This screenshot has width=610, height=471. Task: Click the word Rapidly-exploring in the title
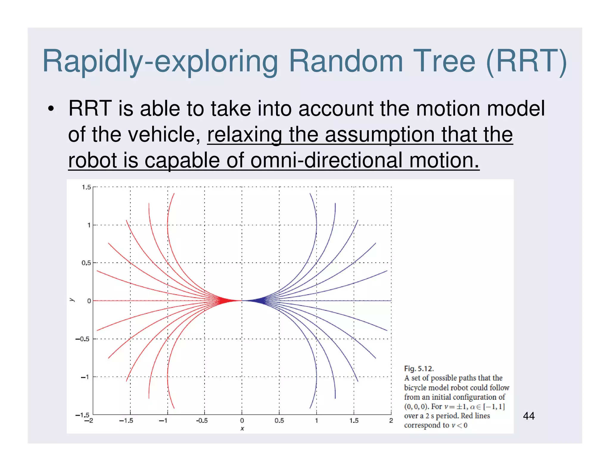coord(160,62)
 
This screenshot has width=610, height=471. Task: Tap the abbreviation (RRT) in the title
coord(526,62)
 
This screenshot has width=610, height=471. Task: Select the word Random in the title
coord(346,61)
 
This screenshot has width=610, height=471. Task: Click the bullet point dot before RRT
coord(51,109)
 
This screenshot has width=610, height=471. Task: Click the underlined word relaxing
coord(244,135)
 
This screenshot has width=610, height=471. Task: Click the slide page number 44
coord(529,416)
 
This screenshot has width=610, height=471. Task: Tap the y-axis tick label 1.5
coord(86,187)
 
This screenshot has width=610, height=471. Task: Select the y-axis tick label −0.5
coord(82,339)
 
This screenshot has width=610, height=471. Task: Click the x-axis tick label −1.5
coord(126,421)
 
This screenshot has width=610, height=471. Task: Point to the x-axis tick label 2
coord(391,421)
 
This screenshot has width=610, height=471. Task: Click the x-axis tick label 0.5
coord(279,421)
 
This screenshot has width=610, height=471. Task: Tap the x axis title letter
coord(242,429)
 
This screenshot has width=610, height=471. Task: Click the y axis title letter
coord(71,300)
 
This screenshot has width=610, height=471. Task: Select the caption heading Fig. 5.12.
coord(418,369)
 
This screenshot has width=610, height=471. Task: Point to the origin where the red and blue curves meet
coord(242,301)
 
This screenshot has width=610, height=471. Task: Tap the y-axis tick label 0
coord(89,301)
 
